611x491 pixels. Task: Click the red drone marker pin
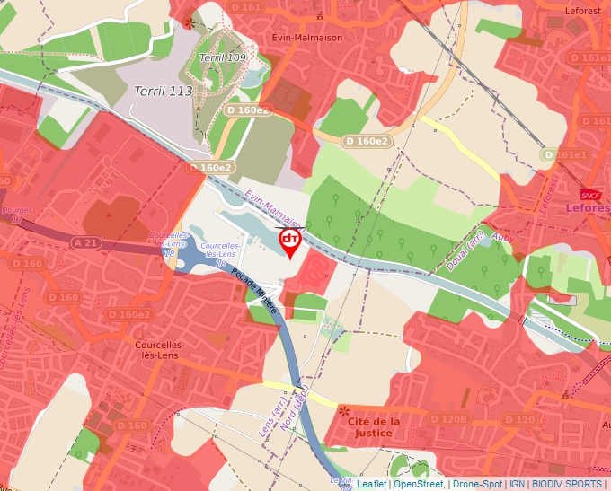(x=290, y=241)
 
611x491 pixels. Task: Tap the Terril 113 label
(x=163, y=90)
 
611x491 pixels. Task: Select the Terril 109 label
(x=223, y=58)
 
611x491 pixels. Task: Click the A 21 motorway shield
(x=86, y=242)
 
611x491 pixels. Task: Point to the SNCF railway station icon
(x=590, y=193)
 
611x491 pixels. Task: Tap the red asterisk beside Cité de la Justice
(x=345, y=412)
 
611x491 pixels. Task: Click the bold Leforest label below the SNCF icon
(x=589, y=207)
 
